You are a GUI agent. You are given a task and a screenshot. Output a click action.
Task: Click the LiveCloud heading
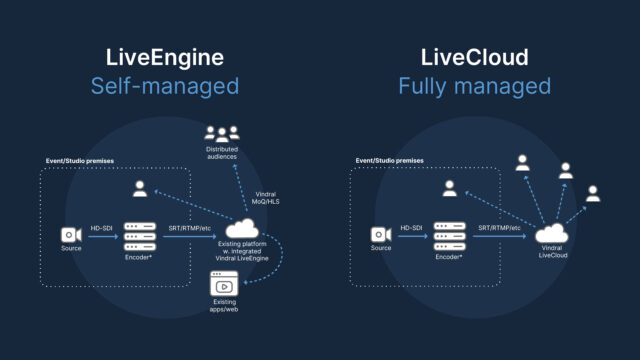474,56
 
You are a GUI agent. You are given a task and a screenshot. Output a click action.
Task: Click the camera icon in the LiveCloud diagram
381,235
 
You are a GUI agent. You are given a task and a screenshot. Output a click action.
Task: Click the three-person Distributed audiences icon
222,133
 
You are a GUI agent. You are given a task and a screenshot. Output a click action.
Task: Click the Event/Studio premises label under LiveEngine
82,160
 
